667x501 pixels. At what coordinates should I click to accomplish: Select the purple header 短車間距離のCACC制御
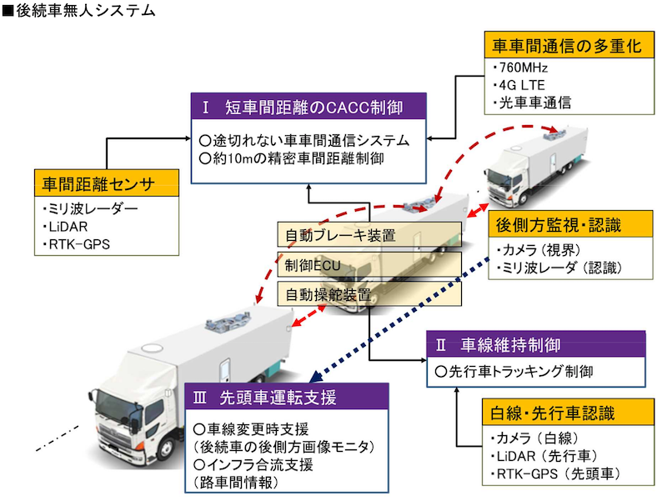[308, 107]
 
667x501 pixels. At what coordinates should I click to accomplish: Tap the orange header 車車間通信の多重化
[569, 45]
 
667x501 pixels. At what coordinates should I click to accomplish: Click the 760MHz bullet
[520, 68]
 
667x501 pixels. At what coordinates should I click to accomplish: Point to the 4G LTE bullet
[519, 85]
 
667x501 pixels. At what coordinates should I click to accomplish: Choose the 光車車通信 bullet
[532, 103]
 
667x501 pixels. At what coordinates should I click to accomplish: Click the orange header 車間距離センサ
[107, 183]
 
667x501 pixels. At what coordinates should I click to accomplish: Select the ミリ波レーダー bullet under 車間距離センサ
[90, 208]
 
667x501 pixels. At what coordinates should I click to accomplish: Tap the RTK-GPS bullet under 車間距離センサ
[76, 244]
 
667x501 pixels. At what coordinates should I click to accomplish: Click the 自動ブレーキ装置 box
[369, 235]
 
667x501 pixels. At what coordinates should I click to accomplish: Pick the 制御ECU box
[369, 264]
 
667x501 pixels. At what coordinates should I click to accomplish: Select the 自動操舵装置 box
[369, 294]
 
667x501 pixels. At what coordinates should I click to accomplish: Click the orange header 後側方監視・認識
[570, 224]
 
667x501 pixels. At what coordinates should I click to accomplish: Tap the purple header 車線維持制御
[536, 344]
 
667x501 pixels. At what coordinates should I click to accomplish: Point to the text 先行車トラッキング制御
[514, 372]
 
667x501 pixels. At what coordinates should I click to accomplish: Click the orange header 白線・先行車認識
[568, 412]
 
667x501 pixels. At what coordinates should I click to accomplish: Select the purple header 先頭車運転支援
[287, 397]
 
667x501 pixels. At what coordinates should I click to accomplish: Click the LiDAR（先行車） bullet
[544, 456]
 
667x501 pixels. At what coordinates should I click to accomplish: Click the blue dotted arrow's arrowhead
[316, 377]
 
